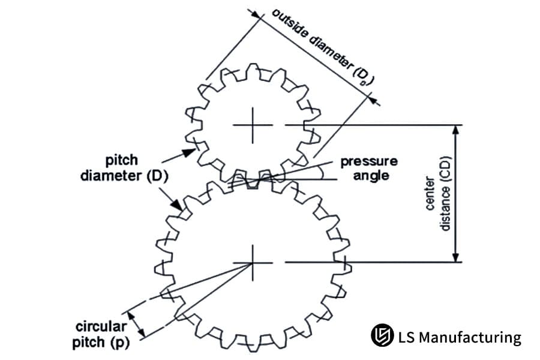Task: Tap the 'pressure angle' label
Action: pyautogui.click(x=369, y=168)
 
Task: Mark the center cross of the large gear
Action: pyautogui.click(x=253, y=262)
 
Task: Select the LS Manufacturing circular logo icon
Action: pyautogui.click(x=382, y=336)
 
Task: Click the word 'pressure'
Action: pyautogui.click(x=369, y=161)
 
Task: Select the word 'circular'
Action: pyautogui.click(x=101, y=327)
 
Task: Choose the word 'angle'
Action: pyautogui.click(x=371, y=175)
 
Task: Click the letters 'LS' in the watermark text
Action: pyautogui.click(x=406, y=337)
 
